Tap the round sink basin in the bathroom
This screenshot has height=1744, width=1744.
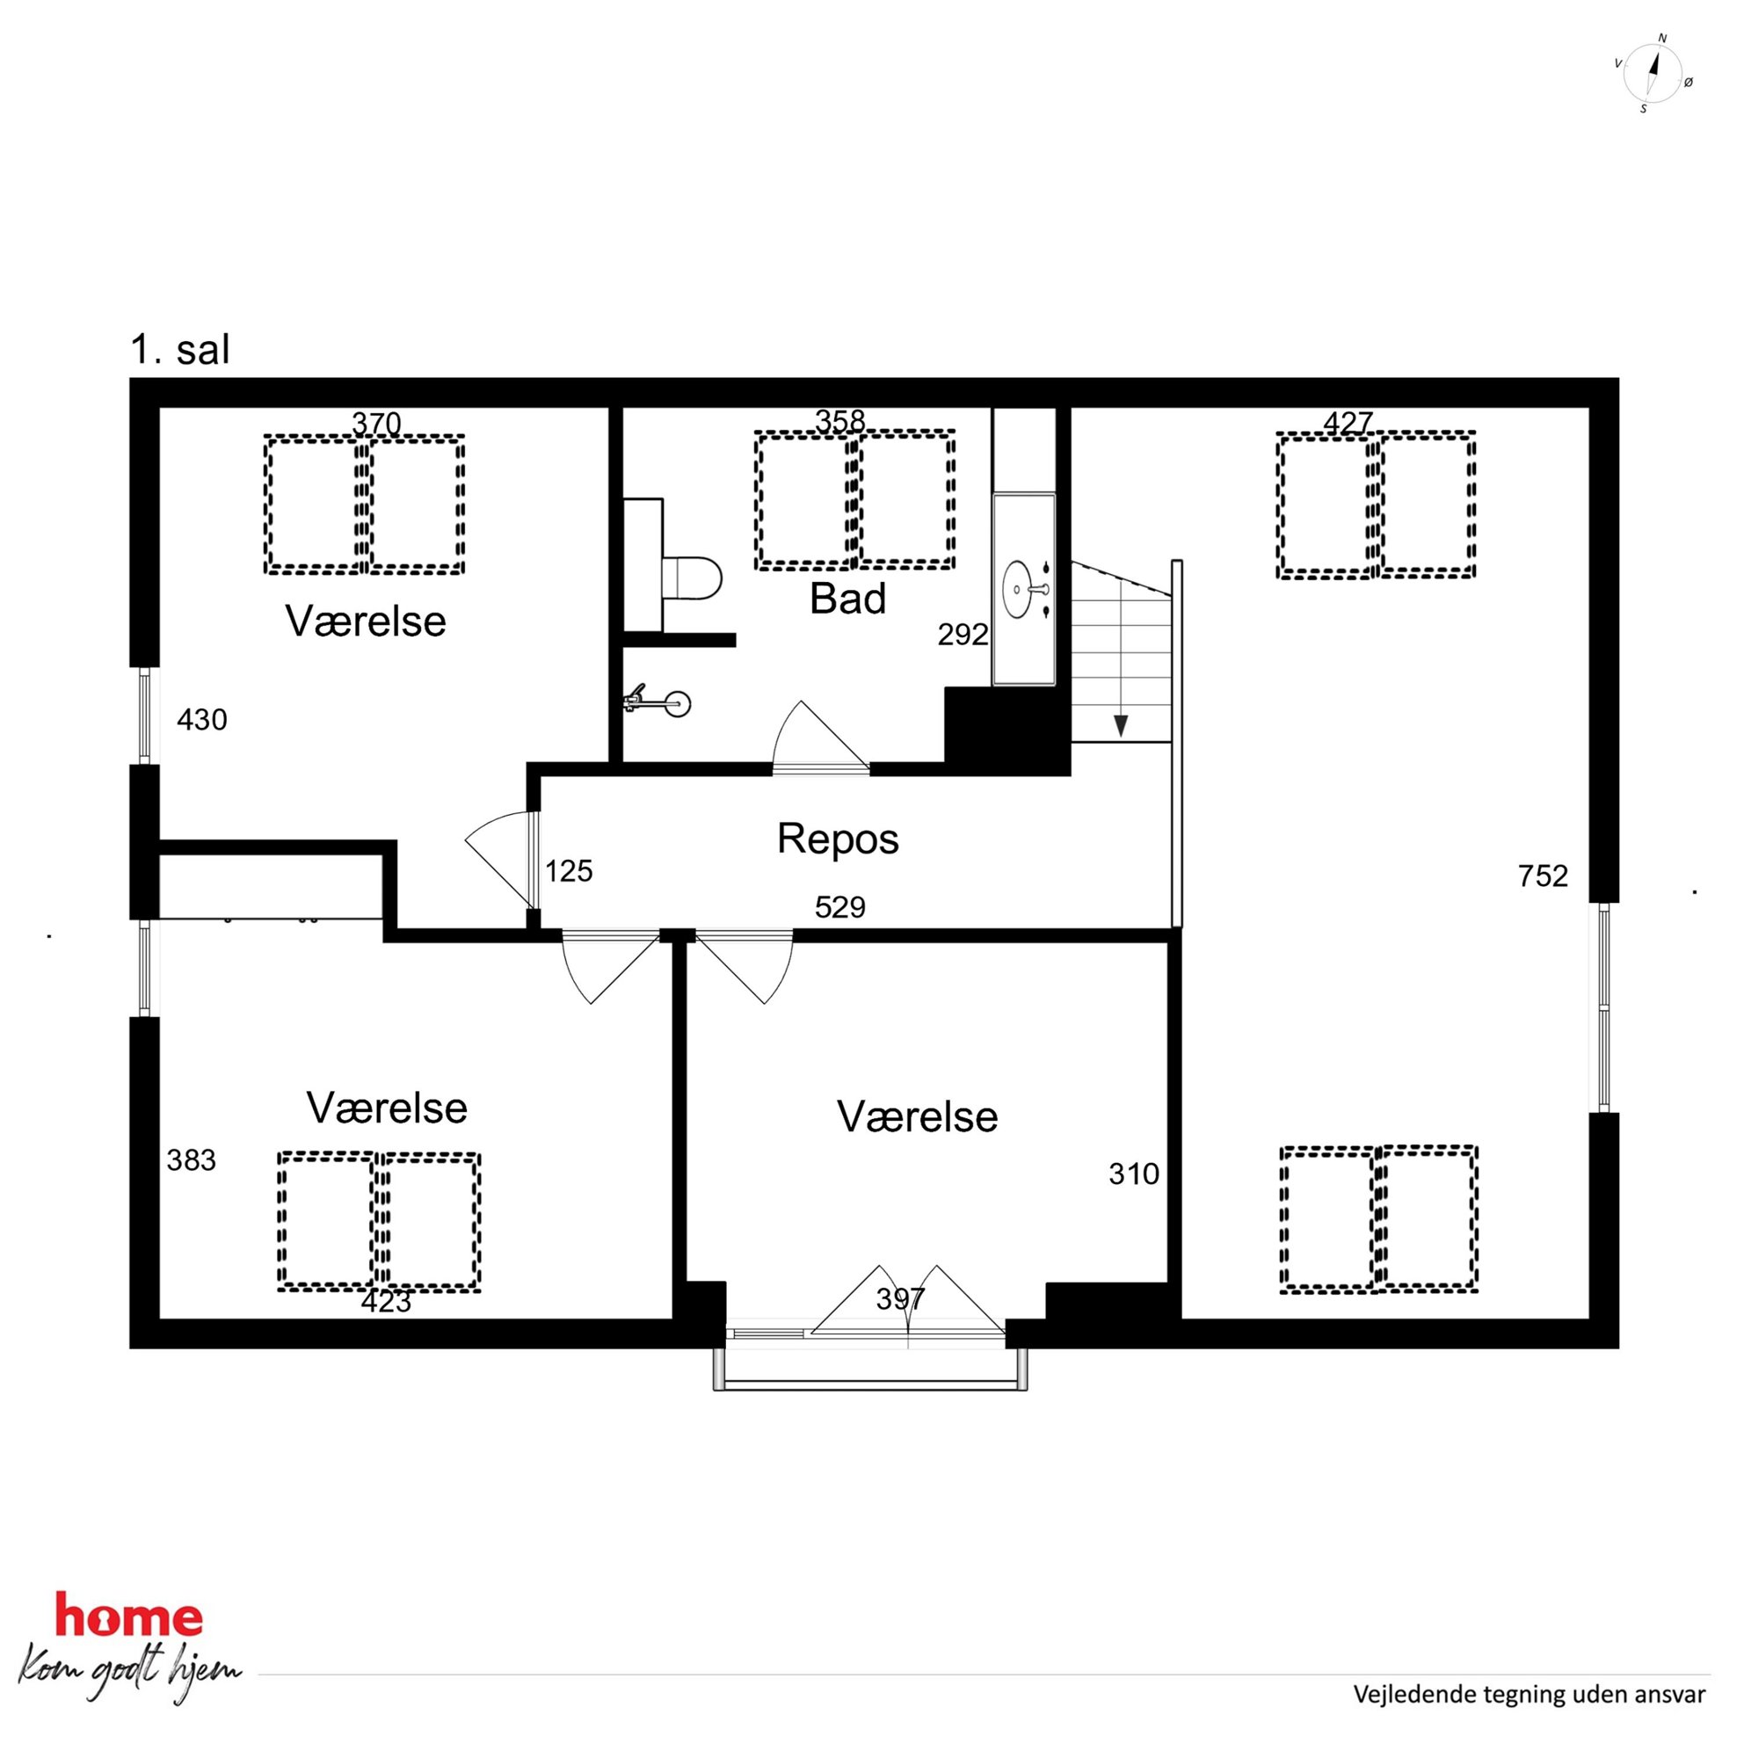click(x=1018, y=590)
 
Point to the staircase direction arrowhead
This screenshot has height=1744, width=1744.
click(x=1120, y=726)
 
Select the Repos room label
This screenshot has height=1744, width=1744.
click(x=838, y=839)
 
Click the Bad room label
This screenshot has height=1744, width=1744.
click(x=847, y=599)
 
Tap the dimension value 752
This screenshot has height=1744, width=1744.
click(x=1543, y=876)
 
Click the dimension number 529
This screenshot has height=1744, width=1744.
click(x=839, y=907)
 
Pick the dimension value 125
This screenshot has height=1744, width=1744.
click(x=569, y=871)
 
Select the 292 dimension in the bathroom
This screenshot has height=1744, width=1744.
click(x=963, y=635)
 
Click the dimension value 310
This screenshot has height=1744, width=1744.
click(x=1134, y=1174)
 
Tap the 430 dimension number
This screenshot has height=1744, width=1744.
click(x=202, y=719)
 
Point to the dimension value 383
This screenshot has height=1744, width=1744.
click(x=192, y=1160)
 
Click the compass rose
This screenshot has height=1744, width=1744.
click(x=1653, y=74)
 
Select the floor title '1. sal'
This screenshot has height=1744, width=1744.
click(x=180, y=349)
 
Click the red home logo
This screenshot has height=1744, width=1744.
click(x=129, y=1615)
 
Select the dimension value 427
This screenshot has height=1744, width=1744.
click(x=1348, y=423)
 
